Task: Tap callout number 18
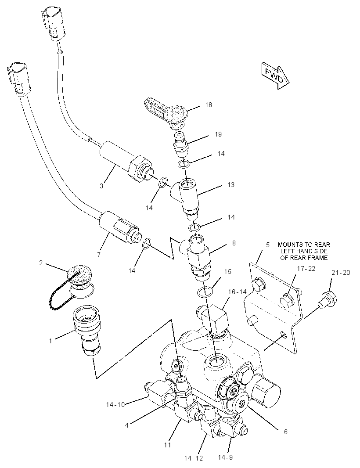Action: [x=209, y=105]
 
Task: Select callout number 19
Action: [x=218, y=134]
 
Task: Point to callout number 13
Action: [x=231, y=185]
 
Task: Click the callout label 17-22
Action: [x=306, y=269]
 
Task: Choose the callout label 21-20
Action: [x=340, y=273]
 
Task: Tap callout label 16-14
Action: [x=238, y=292]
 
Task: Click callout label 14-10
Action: [x=115, y=405]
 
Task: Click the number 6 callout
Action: [x=286, y=432]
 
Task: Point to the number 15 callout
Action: [x=228, y=272]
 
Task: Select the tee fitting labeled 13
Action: [x=185, y=197]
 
